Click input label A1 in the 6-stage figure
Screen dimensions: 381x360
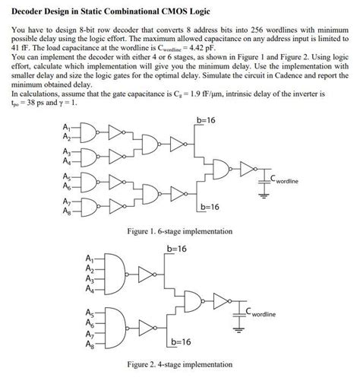tap(68, 126)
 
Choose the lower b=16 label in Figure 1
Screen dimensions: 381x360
tap(210, 208)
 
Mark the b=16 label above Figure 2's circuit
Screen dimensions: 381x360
tap(175, 248)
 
